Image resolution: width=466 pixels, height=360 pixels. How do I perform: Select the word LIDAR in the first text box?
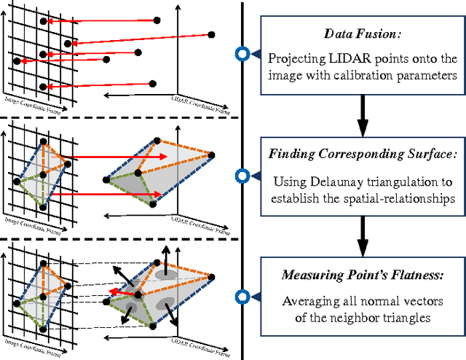(341, 58)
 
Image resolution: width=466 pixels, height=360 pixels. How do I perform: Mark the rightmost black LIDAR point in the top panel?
(212, 34)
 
